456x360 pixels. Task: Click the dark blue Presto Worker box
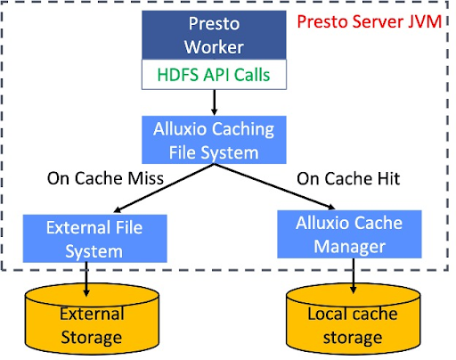(214, 35)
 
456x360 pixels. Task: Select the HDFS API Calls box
(214, 74)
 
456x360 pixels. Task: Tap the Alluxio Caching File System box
(214, 140)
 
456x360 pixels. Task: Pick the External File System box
(95, 239)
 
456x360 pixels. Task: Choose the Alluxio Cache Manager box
(349, 234)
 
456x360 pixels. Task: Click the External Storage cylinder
(92, 319)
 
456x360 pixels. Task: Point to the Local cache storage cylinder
(353, 319)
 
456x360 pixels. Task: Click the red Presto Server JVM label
(370, 21)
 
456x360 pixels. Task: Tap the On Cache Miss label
(105, 178)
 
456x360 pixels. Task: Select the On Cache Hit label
(348, 178)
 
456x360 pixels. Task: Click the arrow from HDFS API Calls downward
(214, 102)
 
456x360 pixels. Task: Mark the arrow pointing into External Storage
(86, 279)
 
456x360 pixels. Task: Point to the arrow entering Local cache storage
(354, 276)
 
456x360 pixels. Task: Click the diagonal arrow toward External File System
(164, 188)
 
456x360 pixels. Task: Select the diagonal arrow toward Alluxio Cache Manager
(275, 186)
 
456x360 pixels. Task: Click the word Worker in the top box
(214, 47)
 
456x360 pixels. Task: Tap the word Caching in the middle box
(243, 129)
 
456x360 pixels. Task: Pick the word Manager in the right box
(349, 247)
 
